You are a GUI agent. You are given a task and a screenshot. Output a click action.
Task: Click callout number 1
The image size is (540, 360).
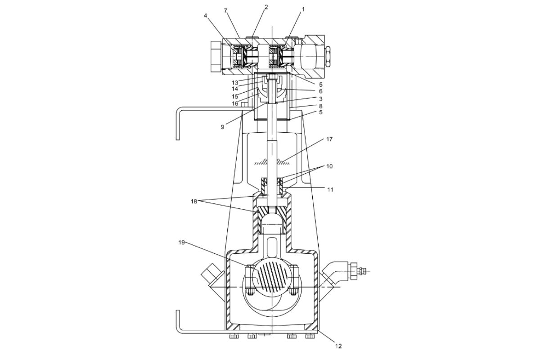pyautogui.click(x=303, y=9)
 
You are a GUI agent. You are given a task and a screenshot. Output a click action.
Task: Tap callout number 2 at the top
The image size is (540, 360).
pyautogui.click(x=266, y=7)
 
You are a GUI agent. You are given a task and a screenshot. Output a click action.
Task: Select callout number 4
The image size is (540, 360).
pyautogui.click(x=205, y=16)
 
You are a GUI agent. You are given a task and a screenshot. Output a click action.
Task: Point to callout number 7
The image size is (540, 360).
pyautogui.click(x=225, y=11)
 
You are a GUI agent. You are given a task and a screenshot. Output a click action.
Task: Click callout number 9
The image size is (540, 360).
pyautogui.click(x=222, y=127)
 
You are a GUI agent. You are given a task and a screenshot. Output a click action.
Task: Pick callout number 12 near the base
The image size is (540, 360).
pyautogui.click(x=339, y=346)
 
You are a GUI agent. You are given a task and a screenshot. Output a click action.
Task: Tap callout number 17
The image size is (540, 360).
pyautogui.click(x=329, y=139)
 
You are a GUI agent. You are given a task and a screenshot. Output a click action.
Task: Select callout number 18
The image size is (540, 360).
pyautogui.click(x=194, y=201)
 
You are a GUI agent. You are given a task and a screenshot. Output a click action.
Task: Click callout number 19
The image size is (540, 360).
pyautogui.click(x=181, y=243)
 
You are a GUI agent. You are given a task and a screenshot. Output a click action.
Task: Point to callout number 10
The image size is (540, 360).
pyautogui.click(x=329, y=166)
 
